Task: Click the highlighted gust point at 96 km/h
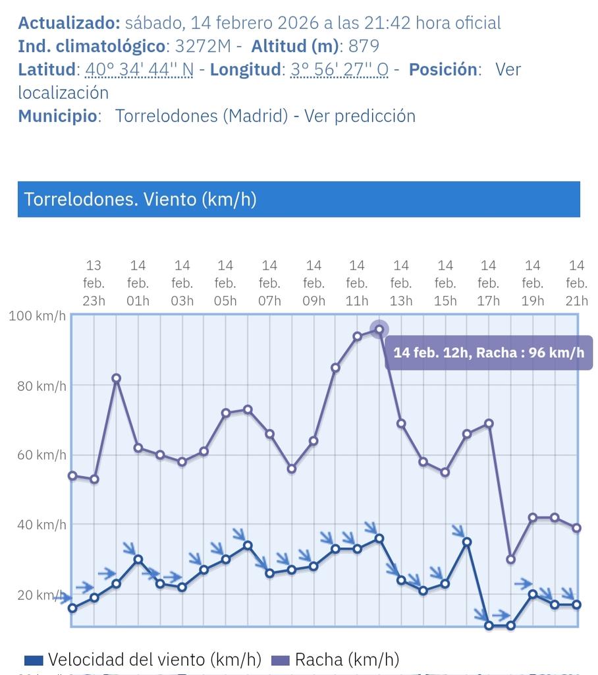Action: [379, 329]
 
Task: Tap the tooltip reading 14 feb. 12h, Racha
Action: [488, 352]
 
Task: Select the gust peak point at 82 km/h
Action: [116, 378]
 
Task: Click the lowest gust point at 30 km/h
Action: [510, 559]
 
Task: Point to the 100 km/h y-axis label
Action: [37, 316]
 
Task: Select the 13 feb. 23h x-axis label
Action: [94, 283]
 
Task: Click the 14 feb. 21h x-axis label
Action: [576, 283]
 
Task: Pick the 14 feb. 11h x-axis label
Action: [356, 283]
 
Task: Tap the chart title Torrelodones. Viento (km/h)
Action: [140, 199]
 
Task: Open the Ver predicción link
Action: [359, 116]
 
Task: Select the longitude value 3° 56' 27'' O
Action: [339, 69]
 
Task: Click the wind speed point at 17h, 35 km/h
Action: [467, 542]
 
